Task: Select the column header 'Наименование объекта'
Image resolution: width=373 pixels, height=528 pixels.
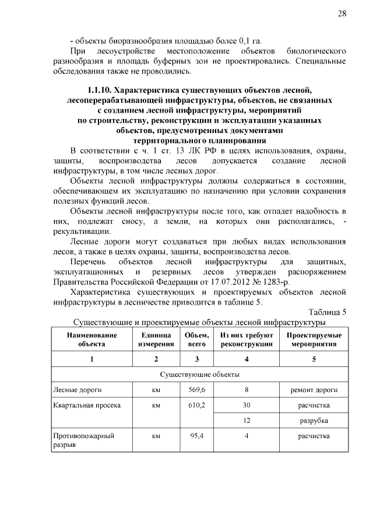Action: pyautogui.click(x=92, y=340)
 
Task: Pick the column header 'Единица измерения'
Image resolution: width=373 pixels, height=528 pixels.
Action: pyautogui.click(x=156, y=340)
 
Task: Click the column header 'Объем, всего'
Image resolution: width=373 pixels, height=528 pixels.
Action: pyautogui.click(x=196, y=340)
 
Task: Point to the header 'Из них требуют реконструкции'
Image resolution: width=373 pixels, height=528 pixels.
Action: pyautogui.click(x=247, y=340)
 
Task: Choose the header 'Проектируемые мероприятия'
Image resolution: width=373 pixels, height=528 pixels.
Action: pyautogui.click(x=314, y=340)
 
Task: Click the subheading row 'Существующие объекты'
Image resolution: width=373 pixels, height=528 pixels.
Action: pyautogui.click(x=199, y=374)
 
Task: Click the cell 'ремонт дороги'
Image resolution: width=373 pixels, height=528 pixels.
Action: pyautogui.click(x=314, y=390)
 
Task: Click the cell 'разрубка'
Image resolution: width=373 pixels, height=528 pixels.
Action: pyautogui.click(x=314, y=420)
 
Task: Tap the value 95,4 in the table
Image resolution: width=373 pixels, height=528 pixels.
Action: pyautogui.click(x=196, y=436)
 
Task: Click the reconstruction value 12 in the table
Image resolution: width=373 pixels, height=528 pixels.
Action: pyautogui.click(x=247, y=420)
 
